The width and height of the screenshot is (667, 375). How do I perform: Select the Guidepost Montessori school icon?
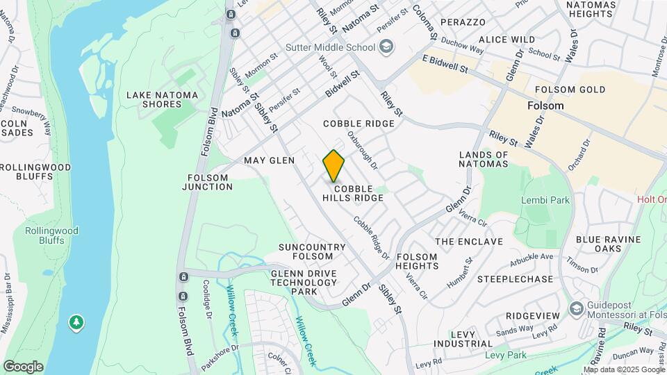coord(576,308)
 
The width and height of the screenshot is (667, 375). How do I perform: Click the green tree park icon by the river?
coord(76,322)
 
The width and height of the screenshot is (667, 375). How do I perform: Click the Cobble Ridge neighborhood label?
coord(359,124)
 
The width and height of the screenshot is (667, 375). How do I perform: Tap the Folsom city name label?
coord(545,106)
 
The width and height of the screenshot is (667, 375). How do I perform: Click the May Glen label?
coord(269,160)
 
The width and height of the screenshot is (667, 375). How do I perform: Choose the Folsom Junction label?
coord(210,182)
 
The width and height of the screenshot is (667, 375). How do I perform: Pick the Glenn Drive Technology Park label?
coord(304,282)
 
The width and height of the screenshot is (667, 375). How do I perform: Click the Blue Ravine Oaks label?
coord(608,244)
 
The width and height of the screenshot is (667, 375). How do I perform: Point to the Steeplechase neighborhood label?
coord(515,279)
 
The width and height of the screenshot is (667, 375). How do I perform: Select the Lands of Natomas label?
coord(484,160)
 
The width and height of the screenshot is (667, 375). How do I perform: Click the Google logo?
coord(23,366)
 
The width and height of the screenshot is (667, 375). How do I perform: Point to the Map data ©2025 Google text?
coord(622,369)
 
